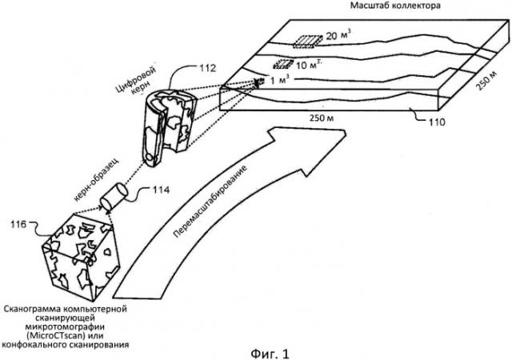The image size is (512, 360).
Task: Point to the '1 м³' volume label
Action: click(x=280, y=81)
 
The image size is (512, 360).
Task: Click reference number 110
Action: click(x=437, y=123)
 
